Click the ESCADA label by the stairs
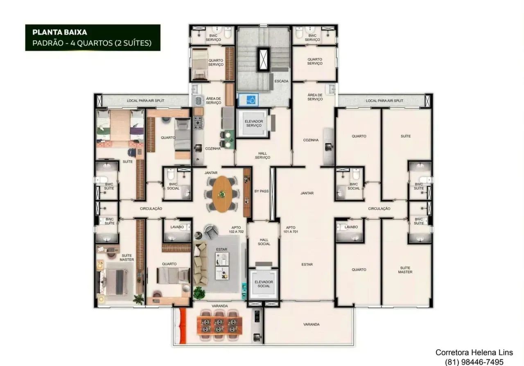[x=281, y=81]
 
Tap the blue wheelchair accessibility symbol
[x=251, y=100]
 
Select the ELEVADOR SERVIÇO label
[x=254, y=123]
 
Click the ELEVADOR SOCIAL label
[x=264, y=284]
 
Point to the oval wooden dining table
[x=222, y=194]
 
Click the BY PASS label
[x=261, y=191]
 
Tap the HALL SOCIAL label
[x=264, y=242]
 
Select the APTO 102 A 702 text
[x=236, y=230]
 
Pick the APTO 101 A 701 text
[x=291, y=230]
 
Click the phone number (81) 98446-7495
[x=474, y=362]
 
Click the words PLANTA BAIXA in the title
[x=60, y=32]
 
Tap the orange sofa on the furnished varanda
[x=182, y=326]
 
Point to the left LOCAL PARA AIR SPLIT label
[x=145, y=101]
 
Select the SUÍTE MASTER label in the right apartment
[x=405, y=270]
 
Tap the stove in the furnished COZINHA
[x=198, y=123]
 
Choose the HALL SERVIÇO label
[x=262, y=156]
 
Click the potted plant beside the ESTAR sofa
[x=199, y=293]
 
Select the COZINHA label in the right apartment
[x=311, y=140]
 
